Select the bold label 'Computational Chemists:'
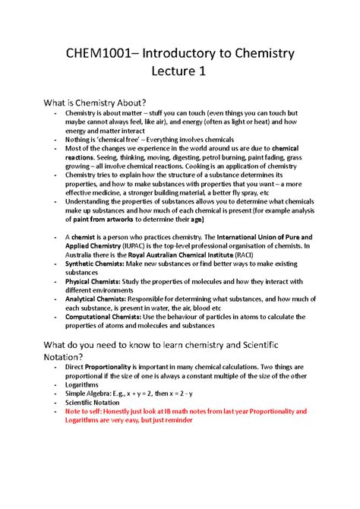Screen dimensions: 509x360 point(105,316)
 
